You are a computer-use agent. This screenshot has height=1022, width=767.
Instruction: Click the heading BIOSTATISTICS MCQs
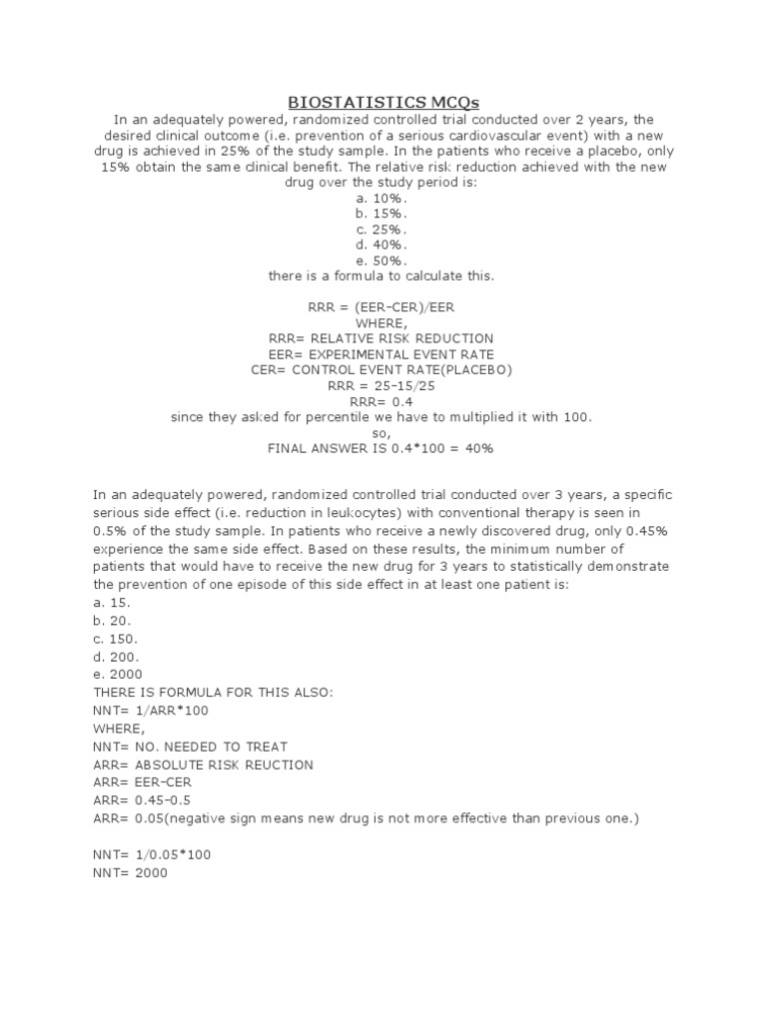tap(383, 102)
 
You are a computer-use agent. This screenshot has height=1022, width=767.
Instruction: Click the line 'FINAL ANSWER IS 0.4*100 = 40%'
tap(381, 448)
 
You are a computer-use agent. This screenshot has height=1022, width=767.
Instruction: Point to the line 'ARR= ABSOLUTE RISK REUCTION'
tap(203, 765)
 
